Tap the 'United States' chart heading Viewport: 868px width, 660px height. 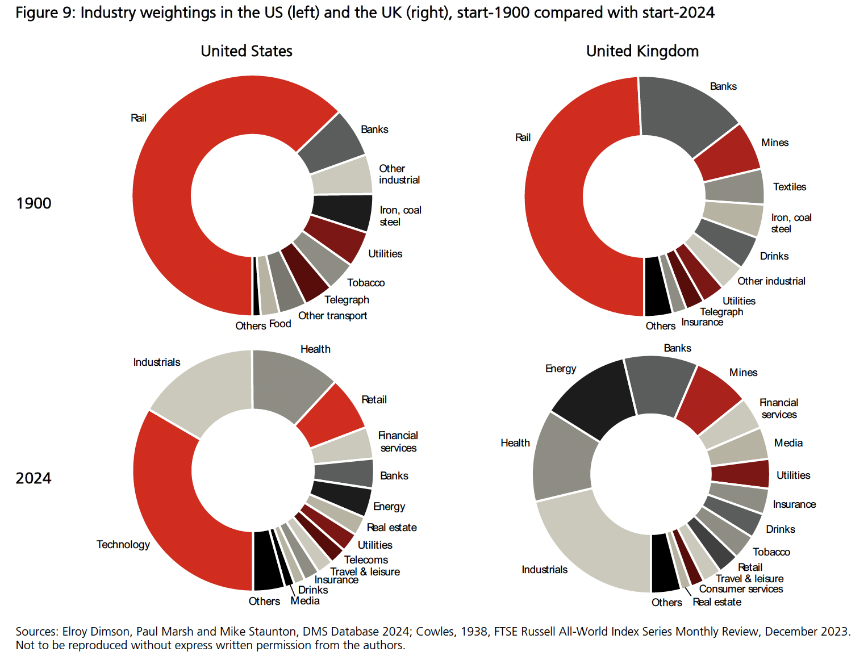pos(246,51)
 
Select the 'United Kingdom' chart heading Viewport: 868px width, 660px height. pos(642,51)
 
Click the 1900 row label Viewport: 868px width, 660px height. pos(34,203)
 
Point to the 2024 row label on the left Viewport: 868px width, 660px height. pos(34,478)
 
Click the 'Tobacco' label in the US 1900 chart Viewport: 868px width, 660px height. pos(366,283)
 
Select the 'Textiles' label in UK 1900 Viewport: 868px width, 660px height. pos(789,187)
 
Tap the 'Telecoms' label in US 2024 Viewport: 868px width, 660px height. pos(366,560)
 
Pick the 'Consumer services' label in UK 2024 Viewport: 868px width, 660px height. pos(741,590)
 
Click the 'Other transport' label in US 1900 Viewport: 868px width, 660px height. pos(332,316)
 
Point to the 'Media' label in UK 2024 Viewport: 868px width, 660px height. pos(788,443)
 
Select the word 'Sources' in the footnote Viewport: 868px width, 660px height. pos(36,632)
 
